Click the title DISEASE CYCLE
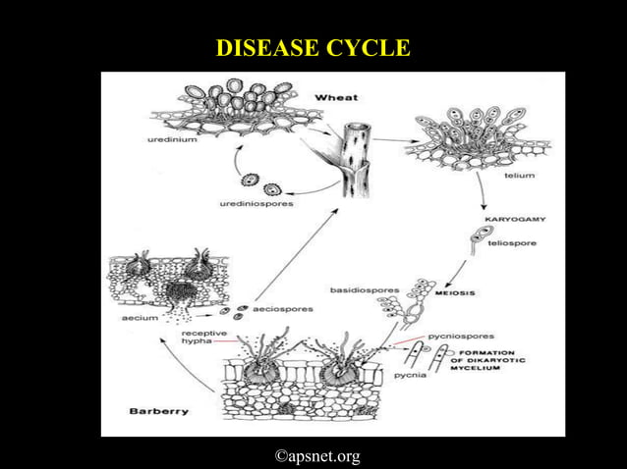point(313,48)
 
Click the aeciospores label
point(283,308)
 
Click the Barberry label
point(159,411)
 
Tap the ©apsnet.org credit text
point(316,455)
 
